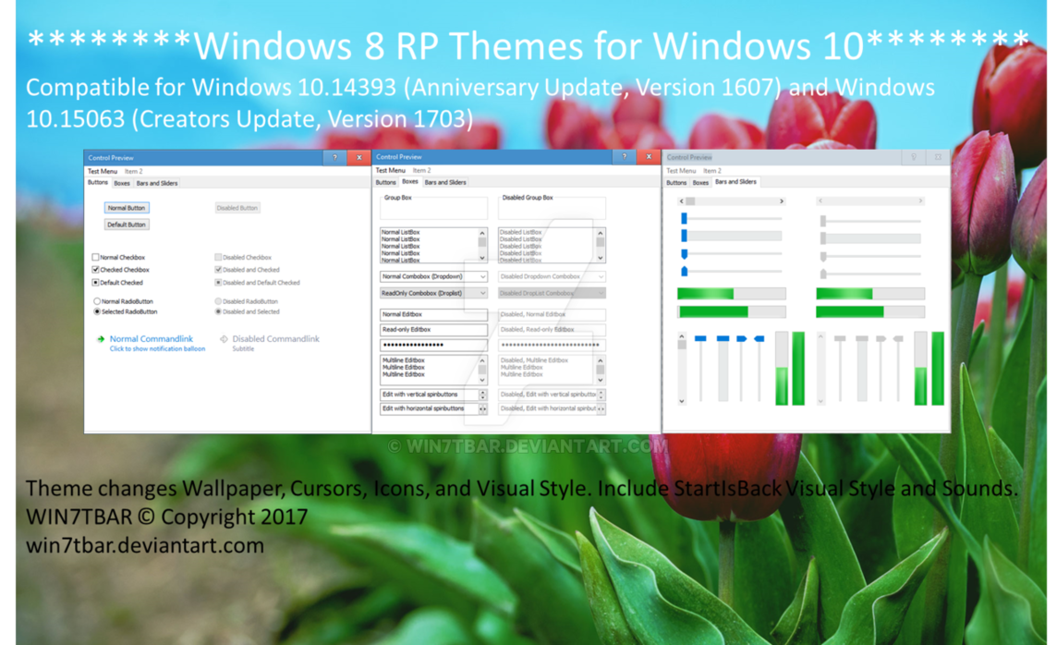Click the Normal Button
pos(127,208)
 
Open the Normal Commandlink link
pos(151,339)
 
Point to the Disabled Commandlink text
pos(275,339)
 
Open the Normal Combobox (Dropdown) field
pos(433,276)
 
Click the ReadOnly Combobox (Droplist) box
pos(433,293)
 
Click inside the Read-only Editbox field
pos(433,330)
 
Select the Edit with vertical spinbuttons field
pos(428,395)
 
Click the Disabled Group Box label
pos(527,198)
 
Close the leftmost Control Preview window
pos(359,157)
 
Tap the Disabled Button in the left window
pos(237,208)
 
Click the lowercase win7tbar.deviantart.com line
pos(145,545)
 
